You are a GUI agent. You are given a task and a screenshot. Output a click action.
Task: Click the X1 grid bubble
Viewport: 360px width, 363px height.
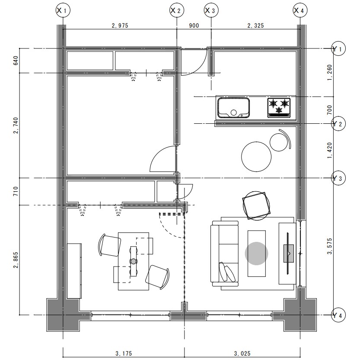63,10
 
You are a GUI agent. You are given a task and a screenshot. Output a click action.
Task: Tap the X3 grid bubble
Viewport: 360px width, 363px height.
211,10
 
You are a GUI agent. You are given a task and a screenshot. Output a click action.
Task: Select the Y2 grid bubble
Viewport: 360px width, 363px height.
338,124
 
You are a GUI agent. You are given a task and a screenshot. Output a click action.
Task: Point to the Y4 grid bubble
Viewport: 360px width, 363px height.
338,315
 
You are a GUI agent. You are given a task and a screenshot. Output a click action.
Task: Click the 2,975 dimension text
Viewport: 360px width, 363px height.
120,26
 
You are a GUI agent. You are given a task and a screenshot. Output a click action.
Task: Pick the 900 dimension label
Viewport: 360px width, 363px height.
194,26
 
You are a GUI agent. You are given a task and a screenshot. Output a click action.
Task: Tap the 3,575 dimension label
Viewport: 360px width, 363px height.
329,246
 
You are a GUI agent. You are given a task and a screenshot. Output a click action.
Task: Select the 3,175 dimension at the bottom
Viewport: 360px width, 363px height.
124,353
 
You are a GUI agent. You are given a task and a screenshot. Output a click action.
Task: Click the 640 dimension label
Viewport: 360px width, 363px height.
16,61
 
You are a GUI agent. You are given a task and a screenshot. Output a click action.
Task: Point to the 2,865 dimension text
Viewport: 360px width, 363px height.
16,260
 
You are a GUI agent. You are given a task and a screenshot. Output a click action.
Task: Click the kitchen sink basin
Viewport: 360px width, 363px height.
233,108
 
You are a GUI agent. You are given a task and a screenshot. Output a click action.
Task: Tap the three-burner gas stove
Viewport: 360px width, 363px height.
279,108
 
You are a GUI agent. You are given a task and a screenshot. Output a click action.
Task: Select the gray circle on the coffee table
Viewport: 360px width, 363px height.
256,253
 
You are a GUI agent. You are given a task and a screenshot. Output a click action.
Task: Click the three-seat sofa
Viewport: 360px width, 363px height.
224,254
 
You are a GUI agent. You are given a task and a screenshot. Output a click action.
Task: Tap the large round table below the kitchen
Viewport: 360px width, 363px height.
256,157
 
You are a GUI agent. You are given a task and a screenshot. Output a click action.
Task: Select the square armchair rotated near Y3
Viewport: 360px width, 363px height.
256,206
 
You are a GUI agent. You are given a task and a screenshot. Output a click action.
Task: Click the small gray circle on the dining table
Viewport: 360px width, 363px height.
134,261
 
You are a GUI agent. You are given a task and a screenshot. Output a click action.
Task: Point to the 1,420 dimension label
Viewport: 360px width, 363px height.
329,151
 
